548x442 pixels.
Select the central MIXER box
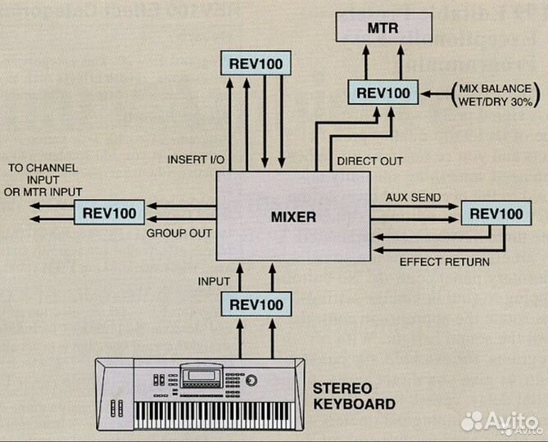click(x=293, y=218)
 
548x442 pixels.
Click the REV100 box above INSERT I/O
click(x=256, y=63)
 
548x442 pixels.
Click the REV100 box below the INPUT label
click(x=256, y=304)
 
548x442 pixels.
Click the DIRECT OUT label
click(x=369, y=162)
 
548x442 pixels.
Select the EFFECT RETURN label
click(x=444, y=263)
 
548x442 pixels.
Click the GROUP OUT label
click(x=179, y=233)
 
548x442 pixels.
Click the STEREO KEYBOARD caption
click(x=354, y=395)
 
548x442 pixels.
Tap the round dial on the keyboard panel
click(x=251, y=382)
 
